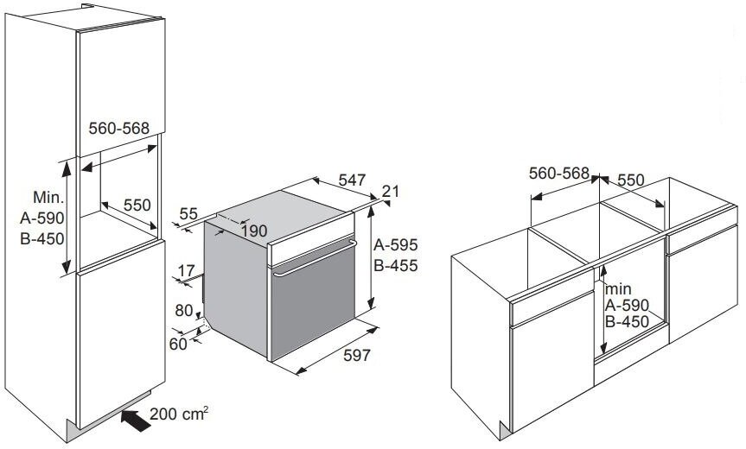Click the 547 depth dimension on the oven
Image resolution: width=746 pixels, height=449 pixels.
352,180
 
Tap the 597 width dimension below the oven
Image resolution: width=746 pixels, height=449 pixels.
356,355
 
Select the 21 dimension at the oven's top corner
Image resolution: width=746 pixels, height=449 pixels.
391,191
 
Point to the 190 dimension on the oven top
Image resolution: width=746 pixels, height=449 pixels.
253,231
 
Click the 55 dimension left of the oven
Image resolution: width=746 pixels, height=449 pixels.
188,214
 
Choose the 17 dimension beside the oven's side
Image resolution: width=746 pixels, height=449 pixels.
186,271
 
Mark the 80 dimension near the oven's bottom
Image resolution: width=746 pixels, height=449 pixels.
184,311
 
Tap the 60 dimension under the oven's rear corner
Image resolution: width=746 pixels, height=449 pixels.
178,344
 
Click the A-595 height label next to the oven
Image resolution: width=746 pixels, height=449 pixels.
395,244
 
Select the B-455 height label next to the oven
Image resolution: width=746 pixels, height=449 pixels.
395,266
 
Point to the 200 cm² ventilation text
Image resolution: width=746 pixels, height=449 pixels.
179,414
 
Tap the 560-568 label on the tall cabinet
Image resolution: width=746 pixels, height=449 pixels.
119,128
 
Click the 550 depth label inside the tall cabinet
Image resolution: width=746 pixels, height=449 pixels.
137,205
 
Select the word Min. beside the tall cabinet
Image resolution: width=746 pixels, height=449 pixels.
48,197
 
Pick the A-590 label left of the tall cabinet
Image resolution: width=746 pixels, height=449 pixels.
41,218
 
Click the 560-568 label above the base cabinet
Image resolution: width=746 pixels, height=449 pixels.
559,174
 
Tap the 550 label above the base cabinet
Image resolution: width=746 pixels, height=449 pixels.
630,180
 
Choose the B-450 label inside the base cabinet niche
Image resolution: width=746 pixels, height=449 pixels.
627,322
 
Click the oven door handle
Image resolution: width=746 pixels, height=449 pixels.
315,258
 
